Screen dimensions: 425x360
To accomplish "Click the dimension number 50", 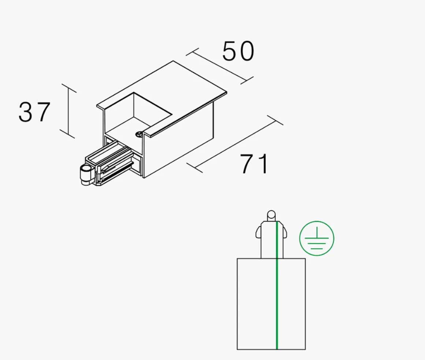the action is pos(238,51).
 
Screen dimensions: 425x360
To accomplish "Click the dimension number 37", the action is pos(34,112).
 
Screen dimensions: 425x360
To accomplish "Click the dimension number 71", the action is pos(254,164).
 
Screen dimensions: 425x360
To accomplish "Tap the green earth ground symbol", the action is pos(317,238).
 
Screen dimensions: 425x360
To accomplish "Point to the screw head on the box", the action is pos(139,134).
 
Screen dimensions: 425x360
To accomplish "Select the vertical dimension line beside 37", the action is pos(68,111).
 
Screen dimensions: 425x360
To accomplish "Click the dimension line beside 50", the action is pos(219,66).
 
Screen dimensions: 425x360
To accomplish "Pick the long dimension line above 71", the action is pos(235,143).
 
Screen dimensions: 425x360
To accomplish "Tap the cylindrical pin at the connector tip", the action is pos(85,175).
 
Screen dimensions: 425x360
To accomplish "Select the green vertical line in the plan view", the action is pos(277,285).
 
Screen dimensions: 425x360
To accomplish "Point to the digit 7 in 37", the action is pos(43,112).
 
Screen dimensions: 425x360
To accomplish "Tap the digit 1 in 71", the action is pos(263,164).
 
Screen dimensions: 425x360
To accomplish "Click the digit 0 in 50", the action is pos(246,51).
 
